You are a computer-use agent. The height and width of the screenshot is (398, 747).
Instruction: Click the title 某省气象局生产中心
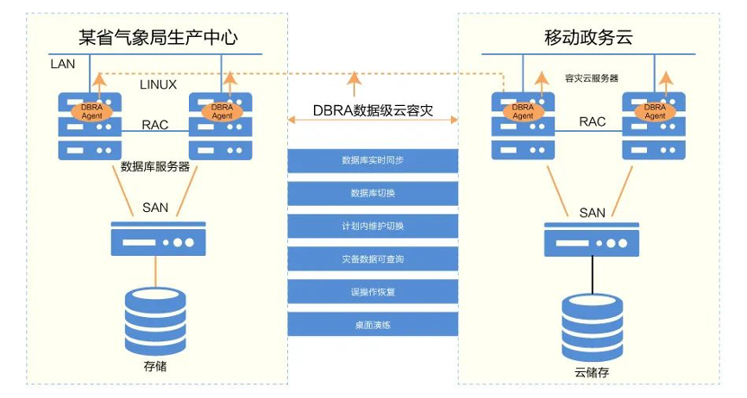[157, 37]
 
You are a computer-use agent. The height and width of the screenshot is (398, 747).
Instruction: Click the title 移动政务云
[590, 37]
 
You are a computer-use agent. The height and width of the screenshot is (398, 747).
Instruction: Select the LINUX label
[158, 84]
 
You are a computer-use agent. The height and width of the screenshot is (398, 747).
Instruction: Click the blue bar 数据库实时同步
[372, 160]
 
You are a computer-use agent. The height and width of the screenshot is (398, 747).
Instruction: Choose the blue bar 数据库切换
[372, 193]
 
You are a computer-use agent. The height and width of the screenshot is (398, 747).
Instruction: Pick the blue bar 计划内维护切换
[372, 226]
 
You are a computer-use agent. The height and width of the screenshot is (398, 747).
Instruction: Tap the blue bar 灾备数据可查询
[372, 258]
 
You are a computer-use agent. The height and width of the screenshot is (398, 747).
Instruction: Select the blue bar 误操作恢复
[372, 291]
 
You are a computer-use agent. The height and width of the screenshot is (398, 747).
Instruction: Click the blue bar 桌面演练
[372, 325]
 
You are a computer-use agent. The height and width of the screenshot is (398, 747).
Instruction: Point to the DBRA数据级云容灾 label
[372, 112]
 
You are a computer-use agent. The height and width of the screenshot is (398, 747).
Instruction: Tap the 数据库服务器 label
[155, 167]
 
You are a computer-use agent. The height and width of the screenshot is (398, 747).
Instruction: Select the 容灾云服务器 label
[591, 78]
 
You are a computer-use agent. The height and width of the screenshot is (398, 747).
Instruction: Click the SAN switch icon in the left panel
[155, 239]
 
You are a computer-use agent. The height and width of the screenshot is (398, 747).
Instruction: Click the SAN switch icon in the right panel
[592, 239]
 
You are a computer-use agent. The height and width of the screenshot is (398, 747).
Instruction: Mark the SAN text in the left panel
[155, 208]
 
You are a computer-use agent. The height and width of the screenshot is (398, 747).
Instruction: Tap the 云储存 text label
[592, 372]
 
